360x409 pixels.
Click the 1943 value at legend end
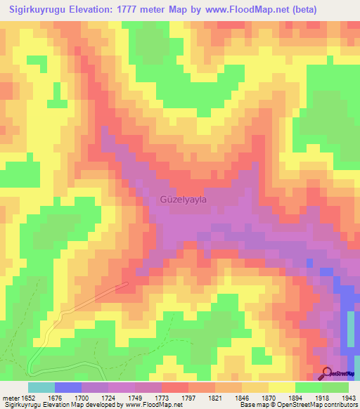click(x=349, y=398)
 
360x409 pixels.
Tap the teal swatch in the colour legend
click(x=41, y=387)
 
